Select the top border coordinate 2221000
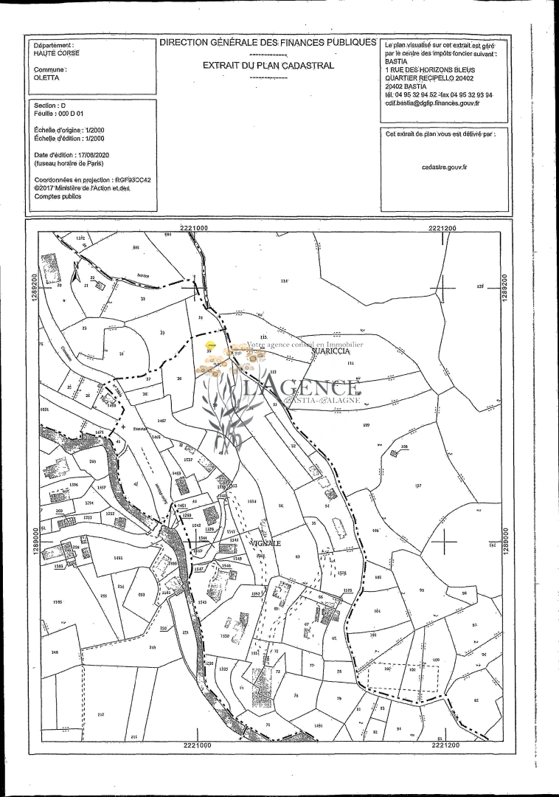pos(194,229)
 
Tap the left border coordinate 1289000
pos(35,543)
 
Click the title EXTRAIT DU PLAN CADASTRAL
pos(268,65)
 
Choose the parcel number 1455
pos(118,559)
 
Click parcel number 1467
pos(162,420)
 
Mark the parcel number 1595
pos(58,602)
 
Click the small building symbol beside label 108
pos(394,452)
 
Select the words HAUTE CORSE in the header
pos(57,53)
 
